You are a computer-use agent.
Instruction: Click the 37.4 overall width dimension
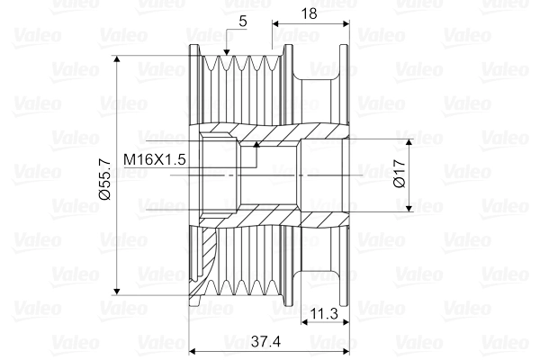[265, 341]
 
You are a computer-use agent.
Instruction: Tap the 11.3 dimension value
[324, 313]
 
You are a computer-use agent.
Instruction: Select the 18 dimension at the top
[309, 14]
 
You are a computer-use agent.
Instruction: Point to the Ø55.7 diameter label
[104, 179]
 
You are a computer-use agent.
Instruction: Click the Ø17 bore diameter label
[399, 174]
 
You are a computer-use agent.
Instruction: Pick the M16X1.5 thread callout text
[154, 159]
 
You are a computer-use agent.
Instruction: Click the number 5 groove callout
[243, 22]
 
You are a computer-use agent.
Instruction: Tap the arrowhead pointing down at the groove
[226, 52]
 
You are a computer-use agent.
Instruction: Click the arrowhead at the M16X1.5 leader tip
[256, 144]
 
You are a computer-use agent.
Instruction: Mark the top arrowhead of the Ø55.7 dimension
[117, 58]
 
